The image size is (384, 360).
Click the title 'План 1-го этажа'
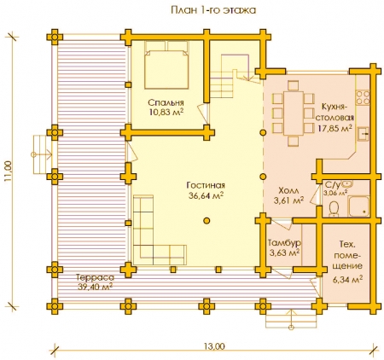click(x=213, y=10)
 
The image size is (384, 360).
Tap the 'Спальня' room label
click(x=166, y=102)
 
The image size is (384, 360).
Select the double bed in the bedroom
click(x=166, y=65)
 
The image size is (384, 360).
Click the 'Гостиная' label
click(x=206, y=185)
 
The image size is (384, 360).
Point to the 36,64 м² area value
click(x=206, y=195)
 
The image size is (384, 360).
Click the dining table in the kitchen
click(x=294, y=113)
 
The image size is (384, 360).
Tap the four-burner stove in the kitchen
click(x=363, y=97)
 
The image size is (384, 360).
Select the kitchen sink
click(x=363, y=134)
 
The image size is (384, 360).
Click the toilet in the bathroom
click(x=334, y=209)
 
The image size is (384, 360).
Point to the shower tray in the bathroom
click(x=359, y=206)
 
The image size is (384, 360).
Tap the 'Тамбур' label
click(x=284, y=243)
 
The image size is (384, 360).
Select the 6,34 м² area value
click(x=347, y=279)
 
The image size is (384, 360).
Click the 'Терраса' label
click(x=95, y=277)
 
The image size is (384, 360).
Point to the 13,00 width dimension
click(x=214, y=346)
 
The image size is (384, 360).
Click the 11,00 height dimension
click(x=8, y=171)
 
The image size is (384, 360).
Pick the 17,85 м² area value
click(x=335, y=128)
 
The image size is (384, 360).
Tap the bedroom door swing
click(x=204, y=113)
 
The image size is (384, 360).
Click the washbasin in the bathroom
click(x=347, y=183)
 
